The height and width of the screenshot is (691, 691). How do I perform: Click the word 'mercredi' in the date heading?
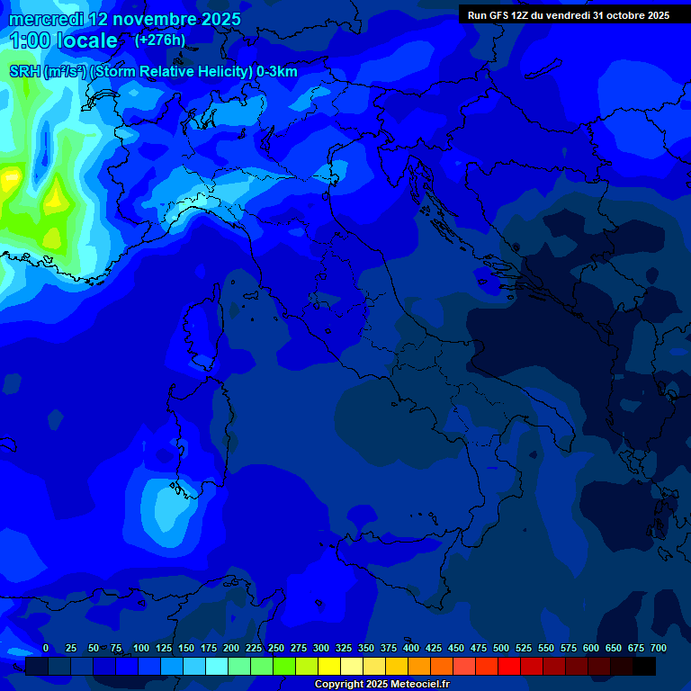point(47,19)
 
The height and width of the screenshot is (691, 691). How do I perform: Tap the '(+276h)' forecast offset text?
point(159,40)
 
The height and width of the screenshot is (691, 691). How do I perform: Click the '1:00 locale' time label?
point(63,40)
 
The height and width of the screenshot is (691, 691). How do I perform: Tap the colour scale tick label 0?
point(46,649)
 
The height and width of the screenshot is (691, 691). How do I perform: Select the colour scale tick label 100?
point(141,649)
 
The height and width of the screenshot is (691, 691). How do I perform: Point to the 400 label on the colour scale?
point(411,649)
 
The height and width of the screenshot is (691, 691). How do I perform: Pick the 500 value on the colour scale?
point(501,649)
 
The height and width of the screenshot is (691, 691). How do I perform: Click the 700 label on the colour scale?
point(659,649)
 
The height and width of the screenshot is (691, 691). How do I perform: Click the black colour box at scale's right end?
point(644,666)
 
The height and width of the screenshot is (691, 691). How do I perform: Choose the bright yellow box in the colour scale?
point(329,666)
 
